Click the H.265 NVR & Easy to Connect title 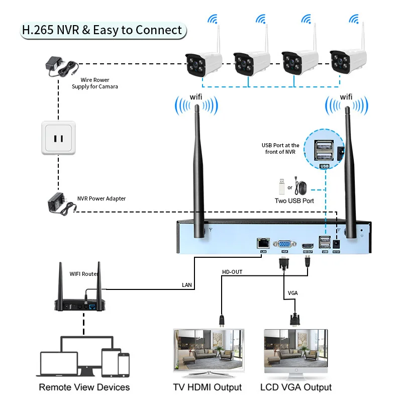(x=102, y=30)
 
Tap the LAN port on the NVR (x=263, y=243)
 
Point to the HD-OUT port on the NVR (x=307, y=243)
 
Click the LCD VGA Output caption (x=296, y=387)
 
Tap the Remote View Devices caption (x=84, y=387)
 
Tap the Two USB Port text (x=294, y=201)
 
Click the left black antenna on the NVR (x=197, y=166)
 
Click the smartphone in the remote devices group (x=123, y=363)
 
